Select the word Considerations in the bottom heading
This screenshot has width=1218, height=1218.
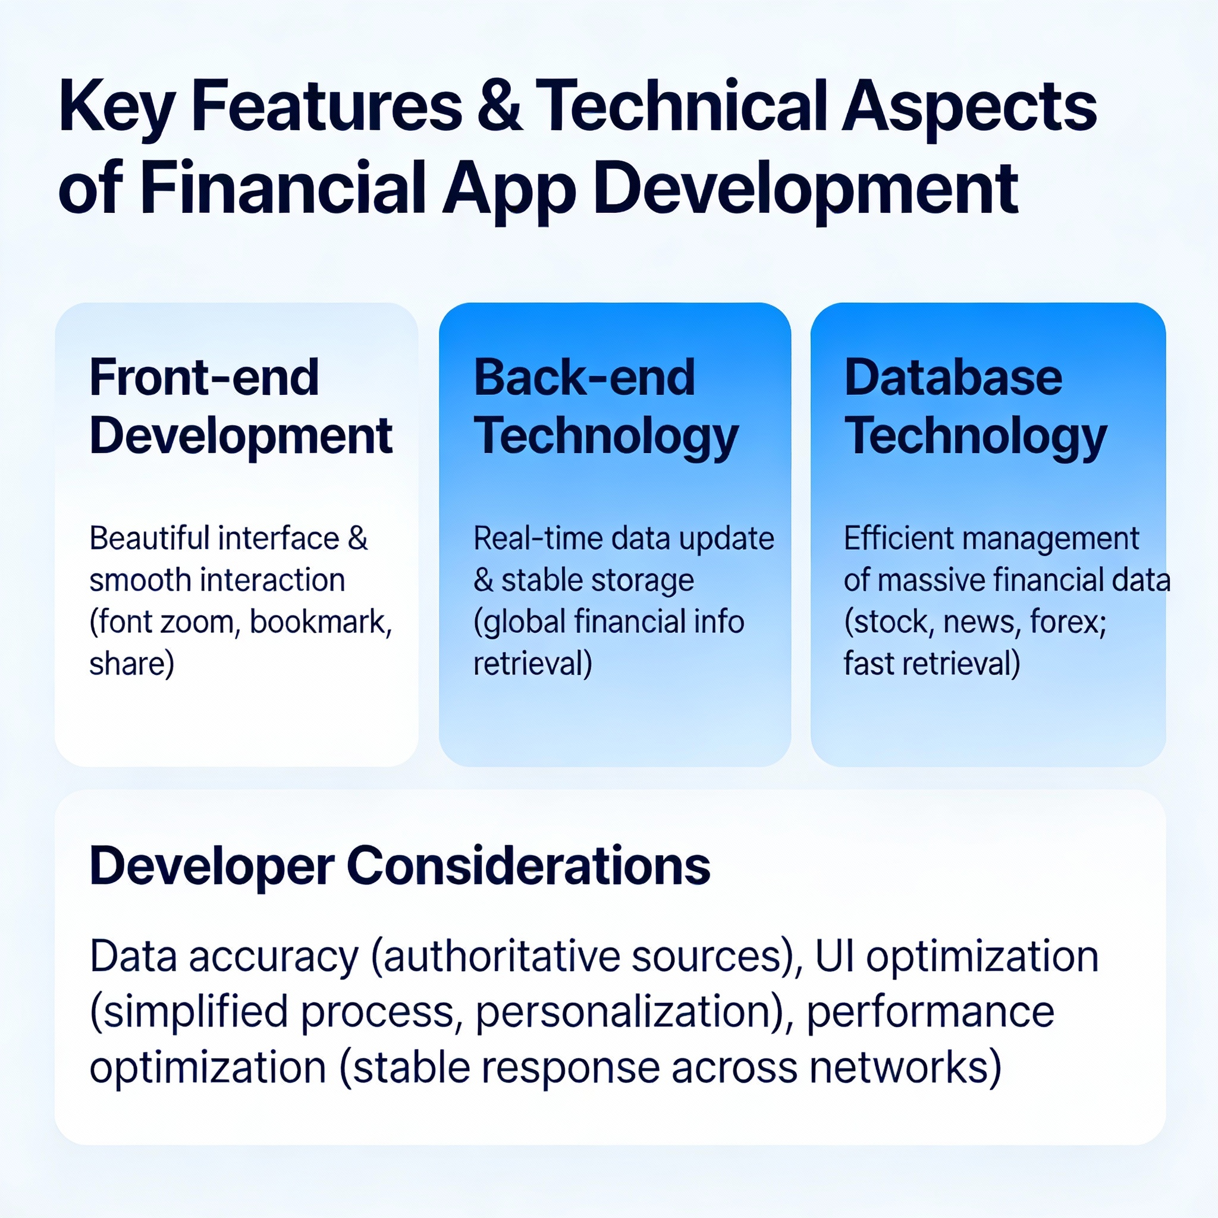click(528, 865)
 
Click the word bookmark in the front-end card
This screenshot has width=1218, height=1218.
click(321, 621)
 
